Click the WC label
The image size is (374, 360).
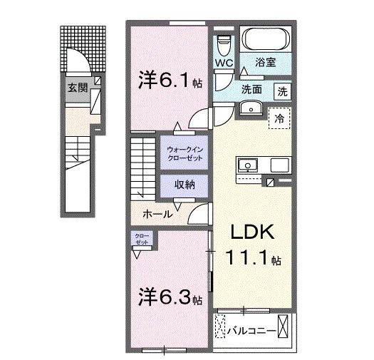225,63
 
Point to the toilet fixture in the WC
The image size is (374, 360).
224,44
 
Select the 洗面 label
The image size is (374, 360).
250,91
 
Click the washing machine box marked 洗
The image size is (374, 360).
283,91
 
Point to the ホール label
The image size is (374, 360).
156,214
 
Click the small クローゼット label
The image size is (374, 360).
140,238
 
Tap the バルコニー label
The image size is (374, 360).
251,330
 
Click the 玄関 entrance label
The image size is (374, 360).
77,88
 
